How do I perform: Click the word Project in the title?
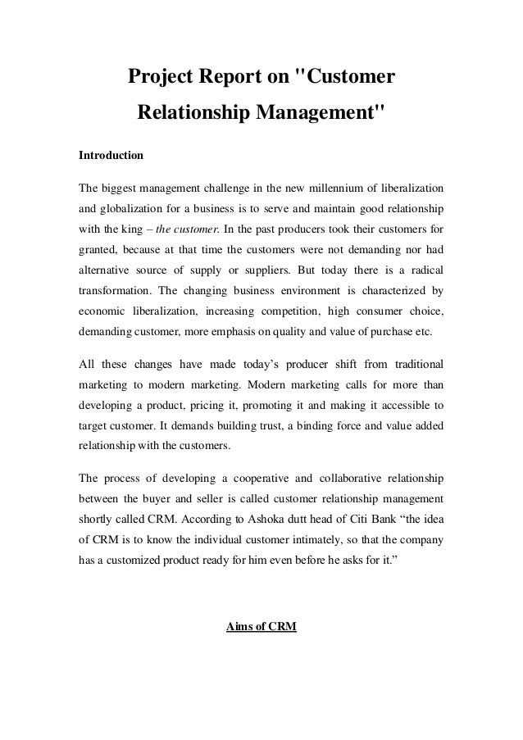point(160,78)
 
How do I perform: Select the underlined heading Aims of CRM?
point(261,629)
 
